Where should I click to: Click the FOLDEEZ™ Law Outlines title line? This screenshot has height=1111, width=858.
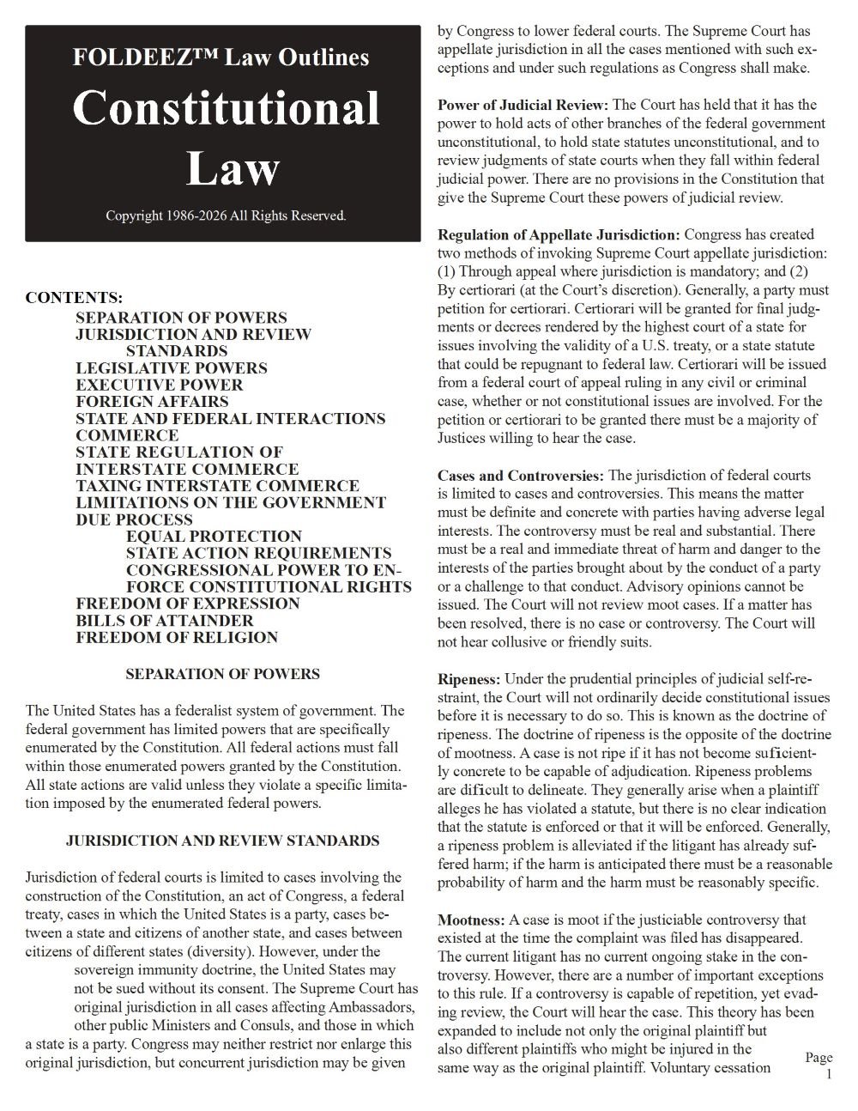[x=221, y=58]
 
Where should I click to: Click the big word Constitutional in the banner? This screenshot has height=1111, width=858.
[x=226, y=110]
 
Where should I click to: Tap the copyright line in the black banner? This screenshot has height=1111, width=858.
[x=226, y=216]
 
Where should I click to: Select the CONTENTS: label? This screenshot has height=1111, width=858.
[x=74, y=299]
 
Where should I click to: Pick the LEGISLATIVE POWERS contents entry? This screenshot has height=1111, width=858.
[x=171, y=367]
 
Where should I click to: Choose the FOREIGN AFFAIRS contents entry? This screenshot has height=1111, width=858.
[x=152, y=401]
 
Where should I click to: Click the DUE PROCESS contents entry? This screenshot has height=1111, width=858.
[x=134, y=519]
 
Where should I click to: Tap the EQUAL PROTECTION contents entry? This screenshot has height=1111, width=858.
[x=214, y=536]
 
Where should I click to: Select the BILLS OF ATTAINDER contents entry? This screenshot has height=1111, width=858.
[x=165, y=620]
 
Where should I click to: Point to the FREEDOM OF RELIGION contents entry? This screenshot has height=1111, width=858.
[x=177, y=637]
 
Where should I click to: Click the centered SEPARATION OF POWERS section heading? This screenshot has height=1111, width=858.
[x=222, y=674]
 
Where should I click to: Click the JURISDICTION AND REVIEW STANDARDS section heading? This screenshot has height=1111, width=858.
[x=222, y=841]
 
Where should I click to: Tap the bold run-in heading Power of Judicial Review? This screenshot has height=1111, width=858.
[x=523, y=105]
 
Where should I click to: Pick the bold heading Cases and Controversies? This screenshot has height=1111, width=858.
[x=521, y=475]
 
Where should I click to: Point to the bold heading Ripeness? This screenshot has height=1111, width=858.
[x=469, y=678]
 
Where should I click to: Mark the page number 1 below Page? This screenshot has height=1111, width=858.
[x=829, y=1074]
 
